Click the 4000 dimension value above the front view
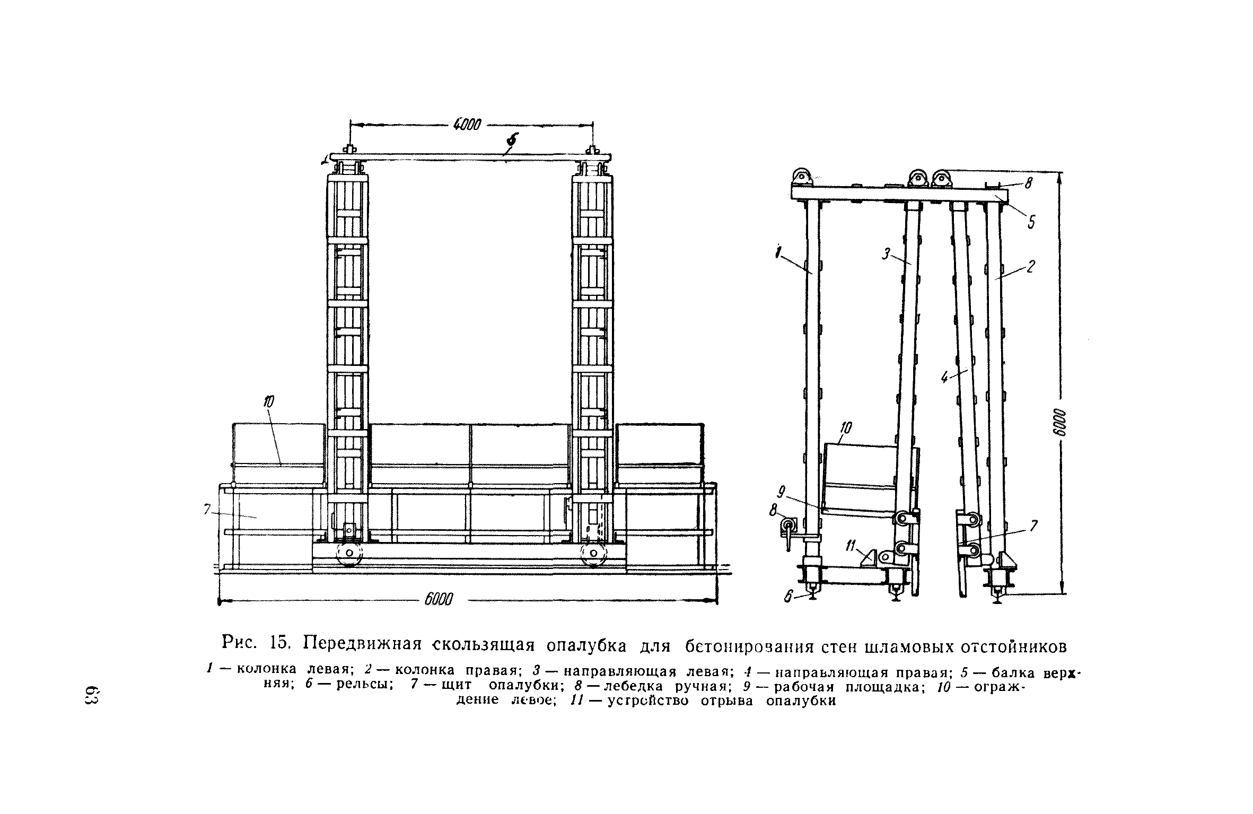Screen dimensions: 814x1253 coord(467,125)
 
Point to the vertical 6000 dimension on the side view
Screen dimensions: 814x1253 coord(1060,423)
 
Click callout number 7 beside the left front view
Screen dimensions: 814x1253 coord(207,509)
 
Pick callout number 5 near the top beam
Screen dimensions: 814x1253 coord(1031,222)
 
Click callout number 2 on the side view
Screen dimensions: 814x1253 coord(1031,267)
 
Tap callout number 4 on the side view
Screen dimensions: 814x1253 coord(945,377)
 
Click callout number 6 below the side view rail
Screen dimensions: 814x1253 coord(788,597)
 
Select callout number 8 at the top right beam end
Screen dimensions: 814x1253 coord(1029,183)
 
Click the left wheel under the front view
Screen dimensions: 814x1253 coord(348,553)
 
